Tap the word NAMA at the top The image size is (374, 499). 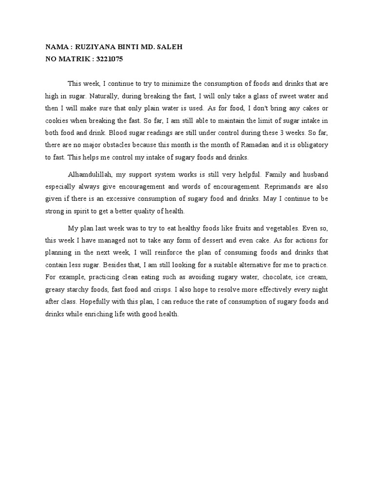(x=56, y=48)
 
